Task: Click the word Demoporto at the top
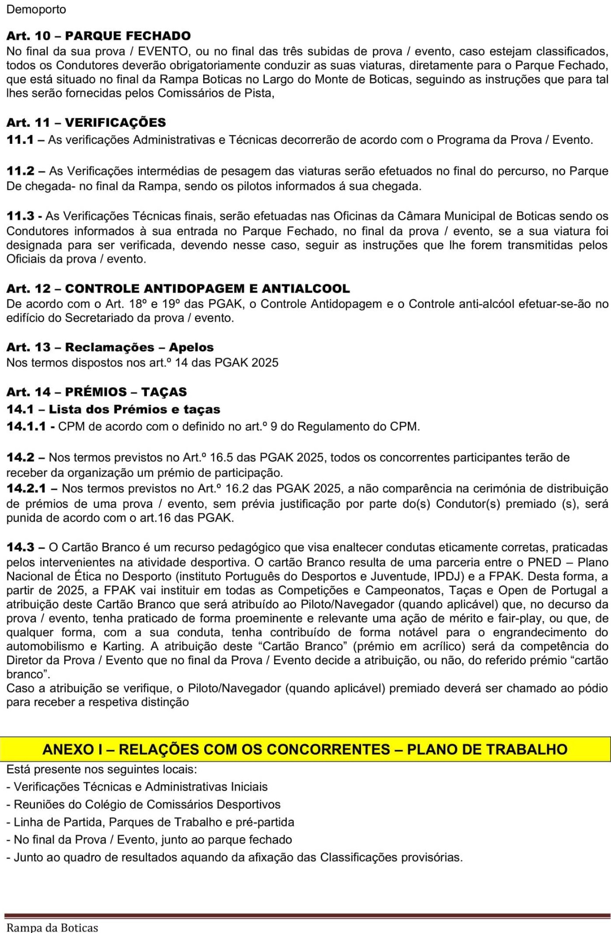[x=36, y=10]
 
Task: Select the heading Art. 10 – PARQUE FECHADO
[x=98, y=36]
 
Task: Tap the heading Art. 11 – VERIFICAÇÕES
[x=86, y=122]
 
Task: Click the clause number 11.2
[x=20, y=171]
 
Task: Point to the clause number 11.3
[x=20, y=216]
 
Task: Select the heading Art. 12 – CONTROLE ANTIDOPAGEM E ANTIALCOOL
[x=178, y=289]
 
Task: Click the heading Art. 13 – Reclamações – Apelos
[x=110, y=347]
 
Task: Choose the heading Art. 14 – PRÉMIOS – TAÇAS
[x=96, y=392]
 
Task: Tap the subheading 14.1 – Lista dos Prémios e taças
[x=113, y=409]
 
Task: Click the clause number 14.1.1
[x=26, y=427]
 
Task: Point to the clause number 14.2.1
[x=26, y=488]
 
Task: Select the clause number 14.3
[x=20, y=548]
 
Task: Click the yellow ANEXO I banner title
[x=305, y=749]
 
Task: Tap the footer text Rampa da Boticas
[x=52, y=928]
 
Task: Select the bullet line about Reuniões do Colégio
[x=143, y=804]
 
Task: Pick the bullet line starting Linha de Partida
[x=150, y=822]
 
